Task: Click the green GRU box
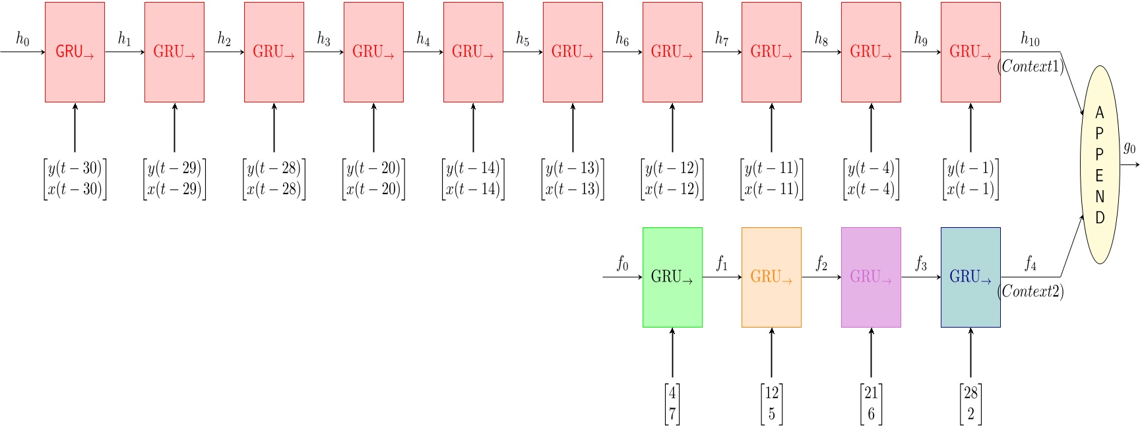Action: tap(672, 277)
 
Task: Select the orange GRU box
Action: tap(771, 277)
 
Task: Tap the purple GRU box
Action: tap(871, 277)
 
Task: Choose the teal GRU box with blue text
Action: tap(970, 277)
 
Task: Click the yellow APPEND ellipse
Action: tap(1099, 165)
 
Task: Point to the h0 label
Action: tap(22, 39)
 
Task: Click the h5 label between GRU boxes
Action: tap(523, 39)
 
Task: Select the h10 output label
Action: tap(1030, 39)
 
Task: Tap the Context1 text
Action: tap(1031, 66)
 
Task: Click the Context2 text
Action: tap(1031, 291)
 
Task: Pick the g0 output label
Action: tap(1129, 147)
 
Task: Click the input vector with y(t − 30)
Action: tap(75, 179)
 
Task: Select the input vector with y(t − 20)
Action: tap(373, 179)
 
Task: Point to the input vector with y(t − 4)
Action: tap(871, 179)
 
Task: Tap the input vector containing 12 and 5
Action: tap(771, 404)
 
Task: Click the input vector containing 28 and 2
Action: tap(970, 404)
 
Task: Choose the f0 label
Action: tap(622, 264)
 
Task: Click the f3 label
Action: tap(921, 264)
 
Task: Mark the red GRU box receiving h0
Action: tap(75, 52)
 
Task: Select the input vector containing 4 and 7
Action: tap(672, 404)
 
